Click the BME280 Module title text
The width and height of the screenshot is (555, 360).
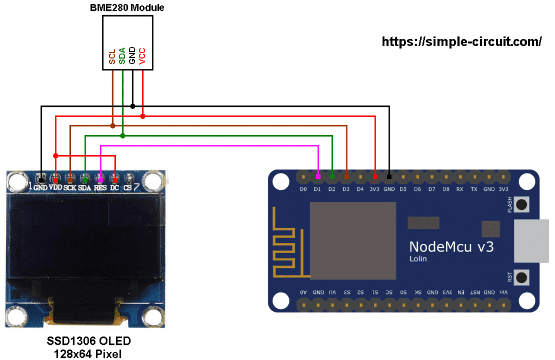(127, 8)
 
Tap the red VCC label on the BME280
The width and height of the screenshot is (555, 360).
(143, 56)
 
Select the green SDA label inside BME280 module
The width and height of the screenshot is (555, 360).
(122, 56)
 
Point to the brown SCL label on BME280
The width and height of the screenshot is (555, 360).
(112, 56)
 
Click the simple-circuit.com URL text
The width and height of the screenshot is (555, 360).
(462, 42)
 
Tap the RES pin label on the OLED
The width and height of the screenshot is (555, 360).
(100, 187)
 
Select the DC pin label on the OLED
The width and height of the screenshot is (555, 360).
(114, 187)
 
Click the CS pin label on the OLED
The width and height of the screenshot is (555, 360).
(128, 187)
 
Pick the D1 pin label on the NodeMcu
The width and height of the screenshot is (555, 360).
(318, 189)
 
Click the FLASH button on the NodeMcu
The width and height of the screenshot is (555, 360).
(522, 205)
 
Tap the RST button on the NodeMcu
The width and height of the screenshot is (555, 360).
(522, 278)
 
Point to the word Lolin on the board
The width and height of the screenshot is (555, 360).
(418, 259)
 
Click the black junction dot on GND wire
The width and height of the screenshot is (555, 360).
(133, 106)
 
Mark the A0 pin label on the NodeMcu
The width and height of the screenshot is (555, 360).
(304, 292)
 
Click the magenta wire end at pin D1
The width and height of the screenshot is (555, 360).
(318, 177)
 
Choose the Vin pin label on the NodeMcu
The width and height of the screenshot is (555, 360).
(503, 292)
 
